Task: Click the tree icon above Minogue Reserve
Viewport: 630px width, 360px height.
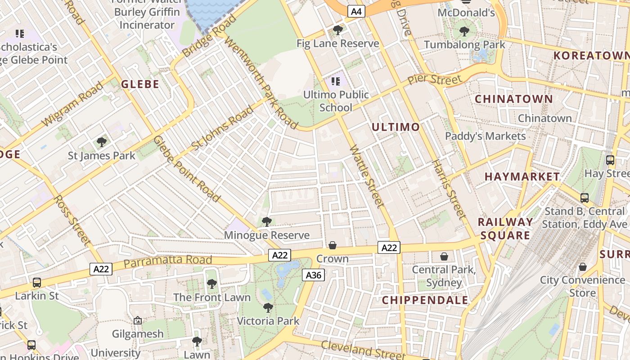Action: (x=267, y=221)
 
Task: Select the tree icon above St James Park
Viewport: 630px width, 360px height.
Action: (x=102, y=142)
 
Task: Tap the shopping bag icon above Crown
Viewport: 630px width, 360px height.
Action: (x=333, y=245)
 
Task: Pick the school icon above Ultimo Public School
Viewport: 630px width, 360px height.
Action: (x=335, y=81)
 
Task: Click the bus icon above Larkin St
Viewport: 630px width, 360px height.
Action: (x=37, y=283)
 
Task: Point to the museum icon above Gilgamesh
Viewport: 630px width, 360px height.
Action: (x=138, y=320)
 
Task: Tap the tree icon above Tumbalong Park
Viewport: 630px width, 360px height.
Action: (x=464, y=31)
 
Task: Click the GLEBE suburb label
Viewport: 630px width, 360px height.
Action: (x=140, y=84)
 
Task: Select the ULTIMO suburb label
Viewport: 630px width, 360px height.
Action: (x=396, y=127)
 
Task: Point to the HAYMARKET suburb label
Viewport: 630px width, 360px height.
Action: (x=522, y=177)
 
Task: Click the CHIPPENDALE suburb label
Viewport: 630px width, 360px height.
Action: (x=425, y=300)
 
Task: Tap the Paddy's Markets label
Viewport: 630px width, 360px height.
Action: (x=485, y=136)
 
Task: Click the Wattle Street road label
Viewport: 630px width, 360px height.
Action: (x=367, y=176)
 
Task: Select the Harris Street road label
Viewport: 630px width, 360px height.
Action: (x=449, y=189)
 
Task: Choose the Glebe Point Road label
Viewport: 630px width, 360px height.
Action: (x=187, y=169)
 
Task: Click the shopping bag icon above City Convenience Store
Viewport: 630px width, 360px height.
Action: (x=583, y=267)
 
